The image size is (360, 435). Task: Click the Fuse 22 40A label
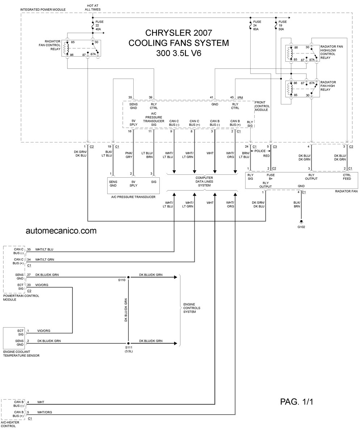pos(99,25)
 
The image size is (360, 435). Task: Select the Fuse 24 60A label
pos(257,25)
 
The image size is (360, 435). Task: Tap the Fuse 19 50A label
pos(282,25)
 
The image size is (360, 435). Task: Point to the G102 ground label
pos(301,227)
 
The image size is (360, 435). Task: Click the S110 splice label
pos(122,280)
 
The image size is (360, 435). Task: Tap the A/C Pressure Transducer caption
pos(133,197)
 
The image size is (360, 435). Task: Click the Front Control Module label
pos(262,106)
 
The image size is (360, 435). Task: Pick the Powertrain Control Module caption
pos(21,298)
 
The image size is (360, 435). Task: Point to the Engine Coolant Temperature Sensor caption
pos(21,353)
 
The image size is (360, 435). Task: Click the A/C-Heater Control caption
pos(10,424)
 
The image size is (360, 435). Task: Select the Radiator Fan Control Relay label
pos(50,45)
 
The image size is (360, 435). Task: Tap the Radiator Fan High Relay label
pos(328,86)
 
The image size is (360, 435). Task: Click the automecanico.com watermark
pos(61,231)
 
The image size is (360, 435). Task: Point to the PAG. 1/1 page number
pos(297,402)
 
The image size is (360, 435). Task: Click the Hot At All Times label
pos(93,8)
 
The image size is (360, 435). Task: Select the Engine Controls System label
pos(192,308)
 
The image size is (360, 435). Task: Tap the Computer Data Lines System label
pos(204,182)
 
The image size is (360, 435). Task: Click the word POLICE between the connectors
pos(260,151)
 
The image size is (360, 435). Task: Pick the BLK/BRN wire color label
pos(297,204)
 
